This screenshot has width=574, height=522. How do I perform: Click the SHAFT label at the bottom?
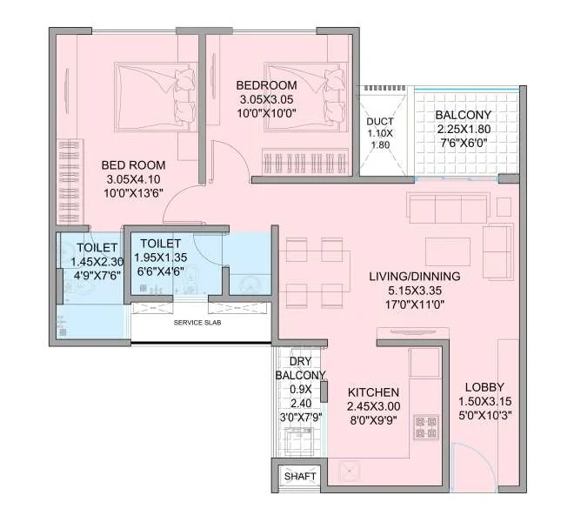point(300,476)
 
